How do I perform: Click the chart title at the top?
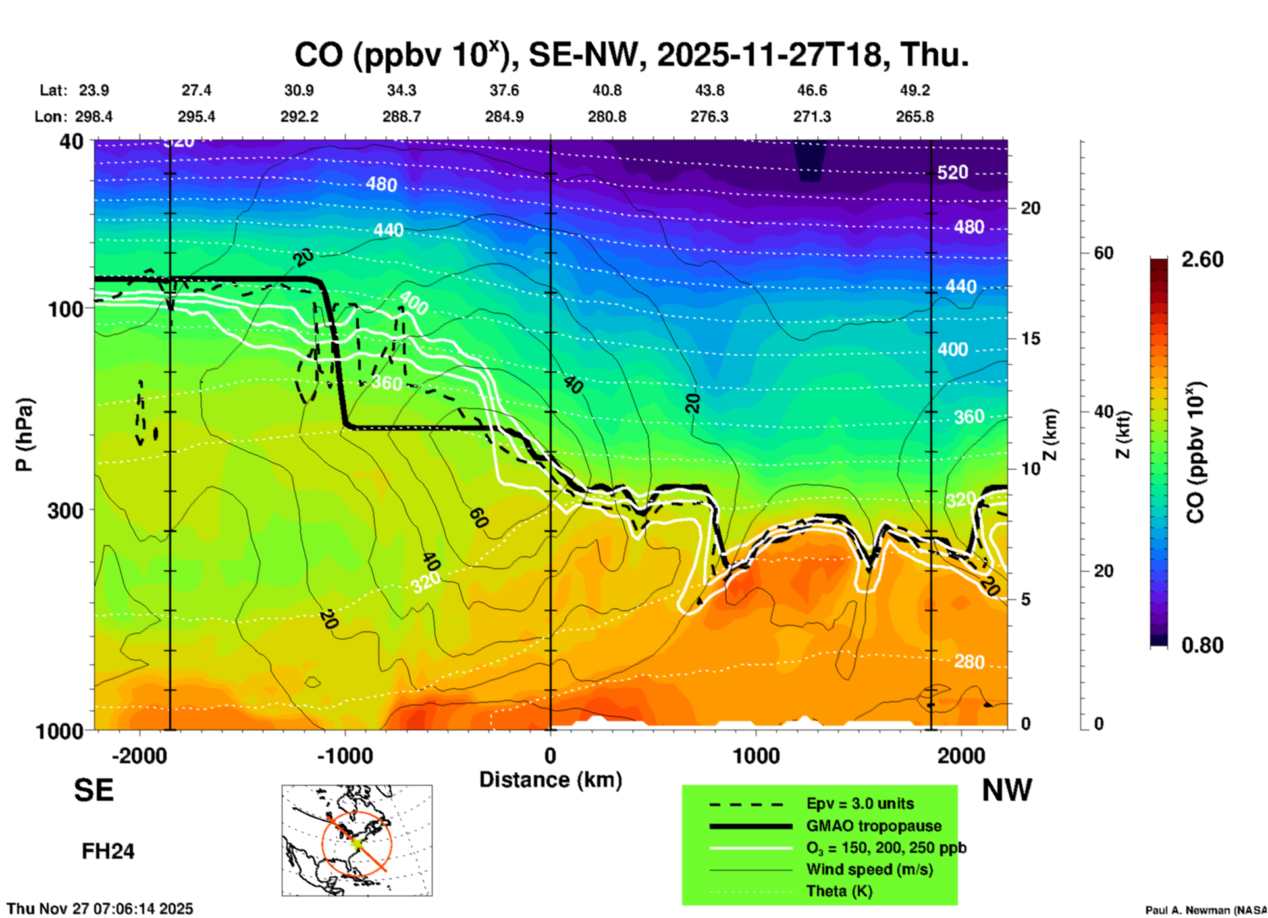pos(631,55)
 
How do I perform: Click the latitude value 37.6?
pos(504,90)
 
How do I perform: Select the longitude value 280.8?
pos(606,117)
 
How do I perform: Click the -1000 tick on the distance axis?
pos(345,756)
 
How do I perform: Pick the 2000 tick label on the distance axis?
pos(961,756)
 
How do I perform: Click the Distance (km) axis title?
pos(550,780)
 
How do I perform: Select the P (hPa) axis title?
pos(24,435)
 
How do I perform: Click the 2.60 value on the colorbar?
pos(1202,259)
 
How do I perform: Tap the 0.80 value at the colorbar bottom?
pos(1202,645)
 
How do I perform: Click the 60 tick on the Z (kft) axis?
pos(1103,253)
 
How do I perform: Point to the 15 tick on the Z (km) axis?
pos(1030,338)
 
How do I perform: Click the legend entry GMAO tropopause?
pos(873,826)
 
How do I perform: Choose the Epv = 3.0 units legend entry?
pos(859,804)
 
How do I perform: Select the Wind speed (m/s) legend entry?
pos(869,869)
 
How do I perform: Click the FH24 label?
pos(108,851)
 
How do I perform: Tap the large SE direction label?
pos(93,790)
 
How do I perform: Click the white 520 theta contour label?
pos(952,173)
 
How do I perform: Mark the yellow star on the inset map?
pos(356,842)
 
